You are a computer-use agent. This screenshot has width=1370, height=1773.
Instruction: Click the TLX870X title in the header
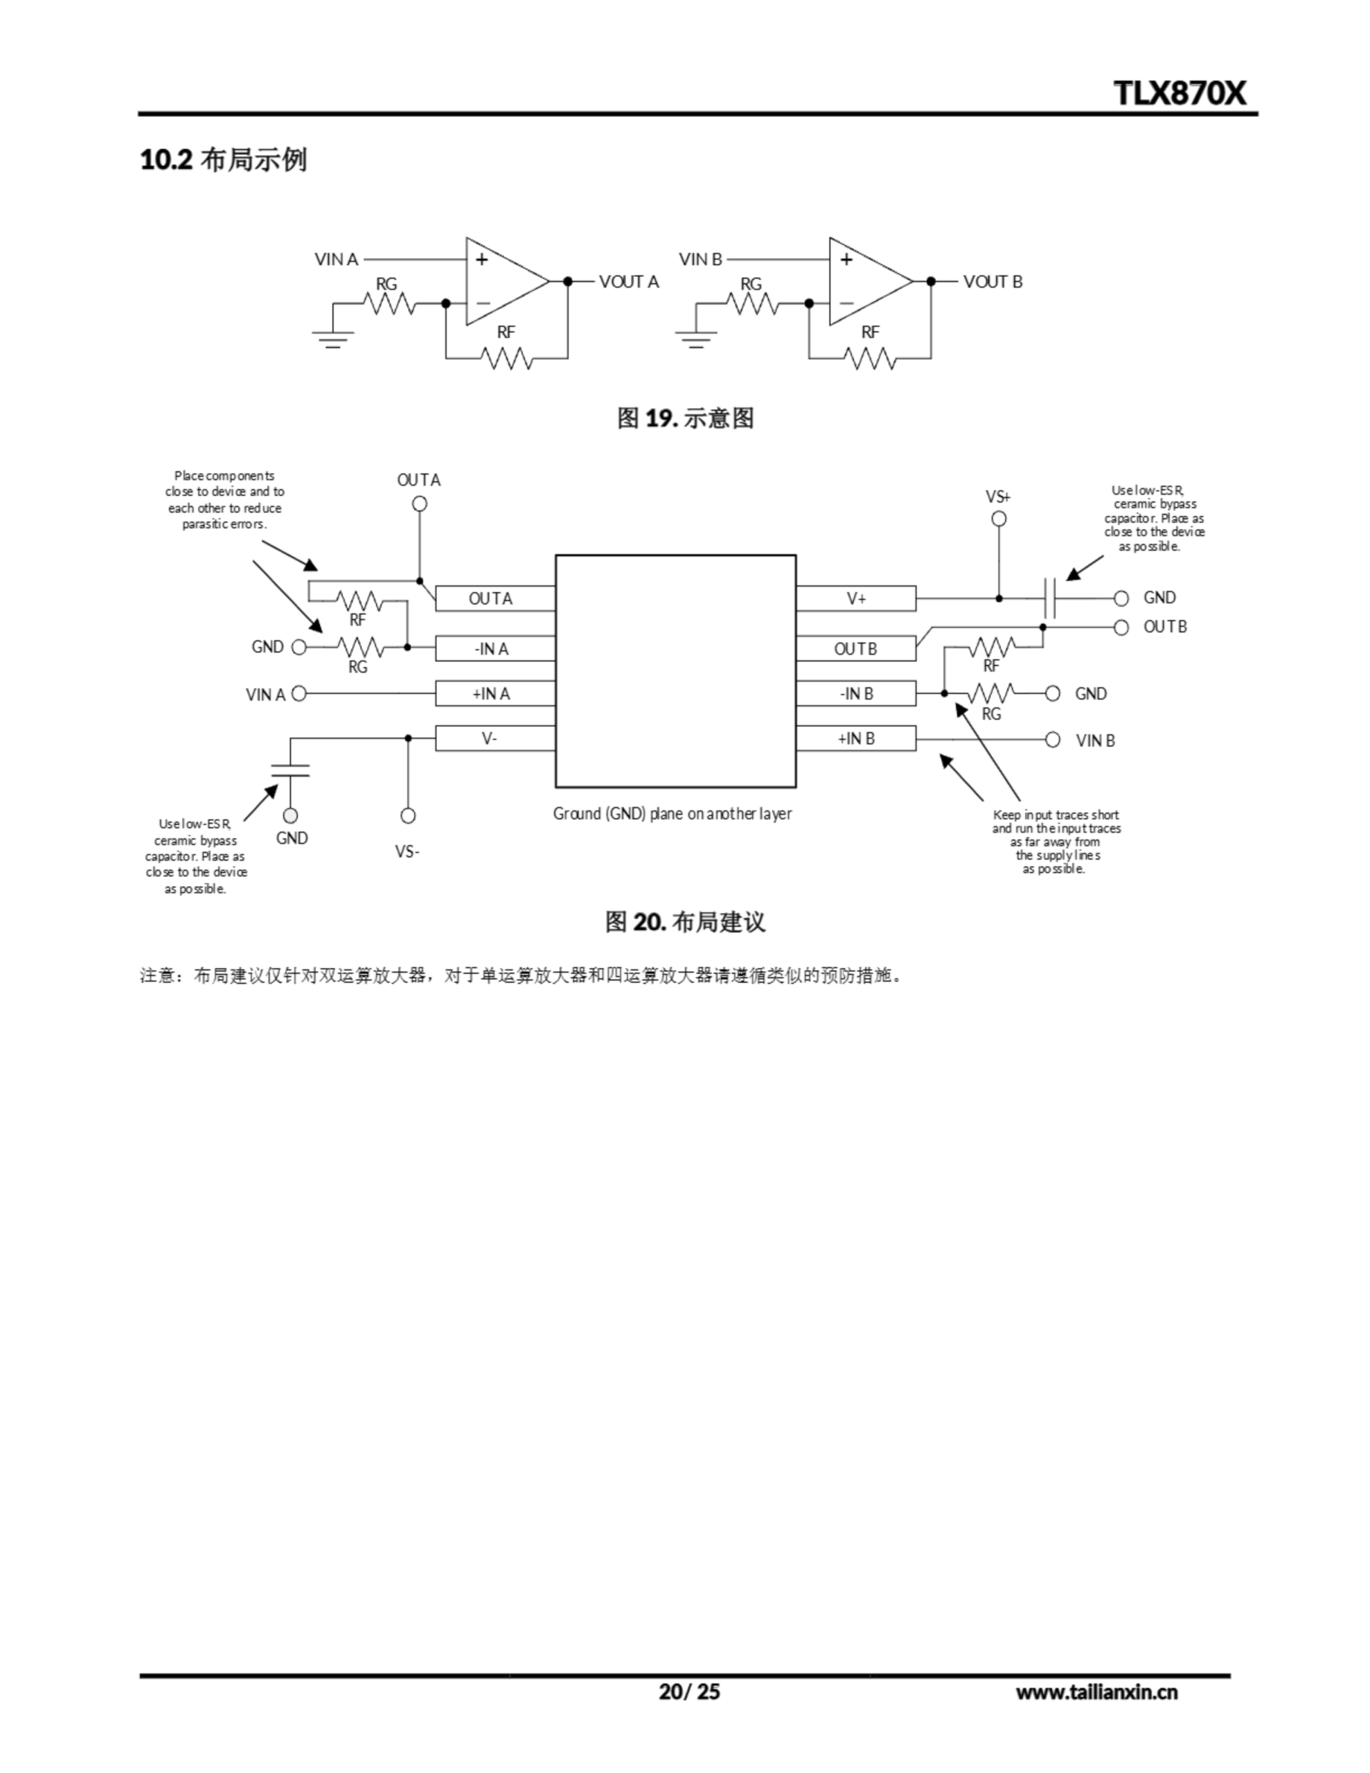pos(1179,93)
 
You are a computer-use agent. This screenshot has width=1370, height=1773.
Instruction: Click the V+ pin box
pos(856,598)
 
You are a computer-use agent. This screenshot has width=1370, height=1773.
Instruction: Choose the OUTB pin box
pos(856,649)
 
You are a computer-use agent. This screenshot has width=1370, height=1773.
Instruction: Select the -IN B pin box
pos(856,693)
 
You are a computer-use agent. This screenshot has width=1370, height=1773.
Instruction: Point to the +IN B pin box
pos(856,738)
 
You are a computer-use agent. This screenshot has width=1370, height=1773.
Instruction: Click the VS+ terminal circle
pos(999,519)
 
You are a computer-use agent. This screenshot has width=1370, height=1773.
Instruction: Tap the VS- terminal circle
pos(409,815)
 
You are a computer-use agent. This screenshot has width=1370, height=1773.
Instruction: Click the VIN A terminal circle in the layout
pos(299,693)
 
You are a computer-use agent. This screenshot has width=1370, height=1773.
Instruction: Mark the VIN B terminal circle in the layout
pos(1053,740)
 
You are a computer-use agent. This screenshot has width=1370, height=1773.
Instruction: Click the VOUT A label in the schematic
pos(629,282)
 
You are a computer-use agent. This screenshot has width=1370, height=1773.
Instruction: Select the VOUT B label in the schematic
pos(993,282)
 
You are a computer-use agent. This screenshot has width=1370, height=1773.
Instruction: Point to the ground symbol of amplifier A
pos(333,337)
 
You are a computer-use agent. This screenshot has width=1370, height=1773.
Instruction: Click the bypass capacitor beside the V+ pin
pos(1050,598)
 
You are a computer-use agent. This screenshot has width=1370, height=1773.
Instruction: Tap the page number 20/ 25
pos(688,1691)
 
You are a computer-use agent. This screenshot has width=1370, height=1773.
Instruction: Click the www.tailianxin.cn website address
pos(1096,1692)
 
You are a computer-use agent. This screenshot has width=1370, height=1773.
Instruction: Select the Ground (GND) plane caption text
pos(673,814)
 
